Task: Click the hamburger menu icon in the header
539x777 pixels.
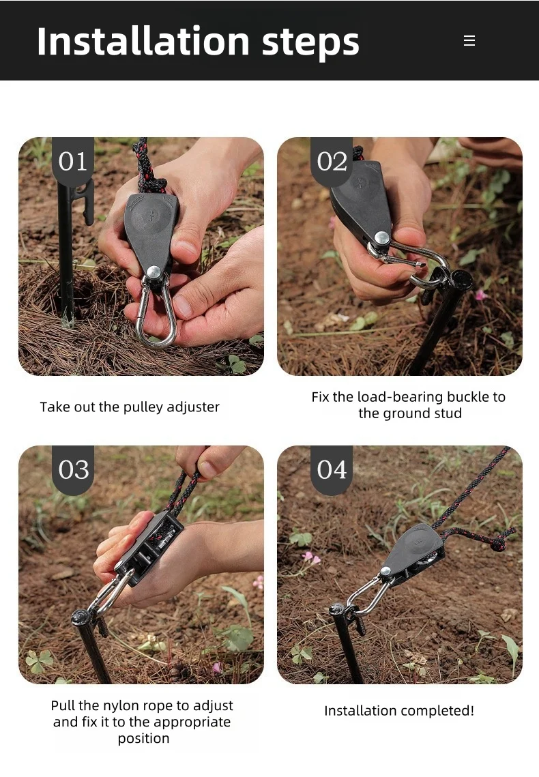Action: click(469, 41)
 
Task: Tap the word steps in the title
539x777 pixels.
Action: click(310, 44)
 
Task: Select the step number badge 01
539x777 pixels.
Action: click(73, 162)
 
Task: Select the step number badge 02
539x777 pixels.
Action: click(332, 162)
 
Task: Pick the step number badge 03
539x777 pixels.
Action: click(73, 470)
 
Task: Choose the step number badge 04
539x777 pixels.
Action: click(332, 470)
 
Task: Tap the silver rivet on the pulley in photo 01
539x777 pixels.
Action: click(154, 272)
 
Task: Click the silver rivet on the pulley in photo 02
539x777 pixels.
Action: click(381, 237)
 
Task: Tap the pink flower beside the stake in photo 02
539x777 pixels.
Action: click(480, 296)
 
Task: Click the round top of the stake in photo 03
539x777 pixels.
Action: click(81, 617)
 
